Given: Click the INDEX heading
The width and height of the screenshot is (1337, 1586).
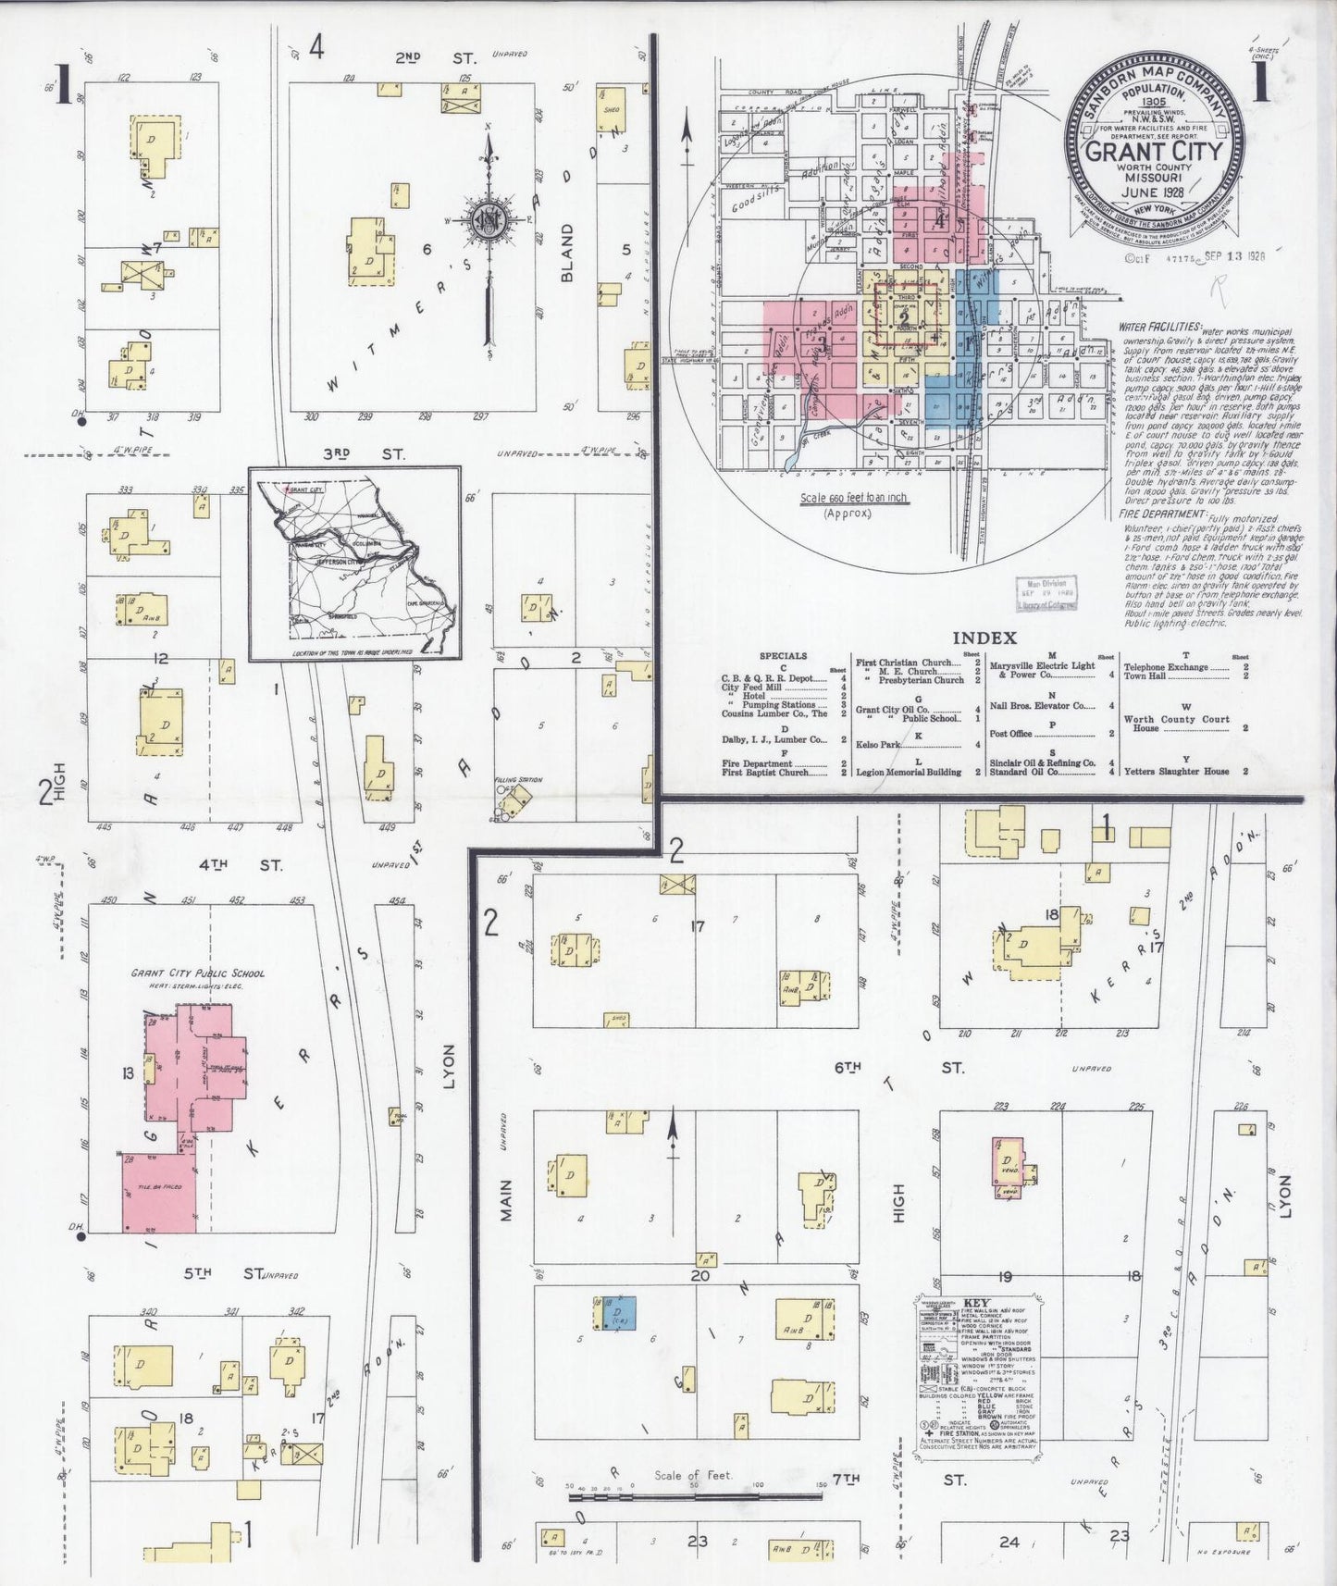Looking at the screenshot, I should (984, 638).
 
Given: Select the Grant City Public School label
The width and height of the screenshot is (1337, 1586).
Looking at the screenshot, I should (197, 973).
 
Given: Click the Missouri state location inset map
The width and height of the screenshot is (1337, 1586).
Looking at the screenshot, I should (354, 563).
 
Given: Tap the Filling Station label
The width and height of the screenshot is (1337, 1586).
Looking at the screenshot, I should (518, 780).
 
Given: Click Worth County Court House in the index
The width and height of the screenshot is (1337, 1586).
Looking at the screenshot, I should (1176, 724).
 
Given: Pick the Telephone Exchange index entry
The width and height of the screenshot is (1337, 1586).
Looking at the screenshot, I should (1166, 666).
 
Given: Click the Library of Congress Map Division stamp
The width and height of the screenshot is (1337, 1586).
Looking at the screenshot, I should (1046, 593).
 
